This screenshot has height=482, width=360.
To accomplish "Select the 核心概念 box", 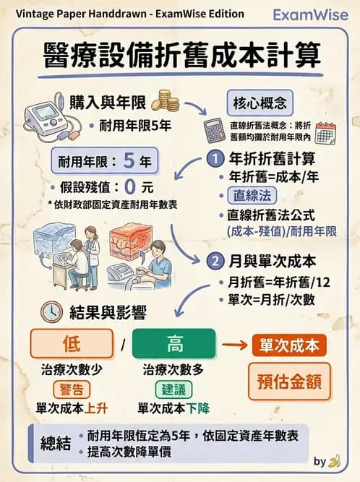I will [260, 100].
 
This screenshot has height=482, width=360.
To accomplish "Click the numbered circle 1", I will [215, 158].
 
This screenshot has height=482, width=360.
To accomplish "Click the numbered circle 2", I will [215, 261].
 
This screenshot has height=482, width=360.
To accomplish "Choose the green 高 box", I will [174, 344].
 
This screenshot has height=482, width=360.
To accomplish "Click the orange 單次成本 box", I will [289, 345].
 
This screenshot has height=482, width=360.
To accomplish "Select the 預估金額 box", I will [289, 380].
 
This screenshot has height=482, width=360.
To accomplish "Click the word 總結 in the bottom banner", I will [54, 442].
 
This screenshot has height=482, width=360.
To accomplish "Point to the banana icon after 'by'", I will [334, 460].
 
